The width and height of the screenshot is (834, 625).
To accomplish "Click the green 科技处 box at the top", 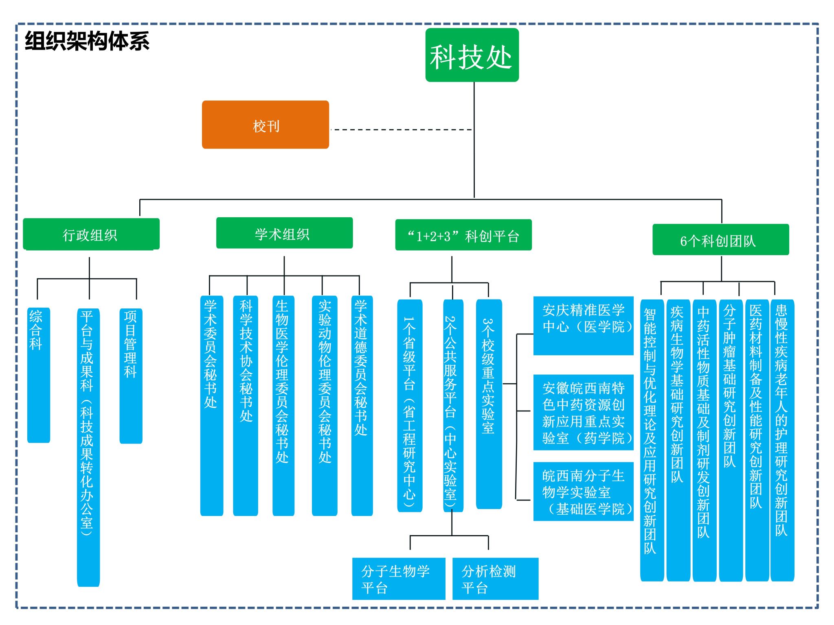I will (472, 55).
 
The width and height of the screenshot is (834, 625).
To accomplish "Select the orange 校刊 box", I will (266, 125).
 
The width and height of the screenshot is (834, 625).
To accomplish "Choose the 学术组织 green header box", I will (284, 233).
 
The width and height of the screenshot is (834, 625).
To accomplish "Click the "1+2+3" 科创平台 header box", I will (463, 235).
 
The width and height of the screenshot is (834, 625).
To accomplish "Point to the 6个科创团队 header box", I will (720, 240).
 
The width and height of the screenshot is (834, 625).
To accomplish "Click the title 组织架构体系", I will (87, 41).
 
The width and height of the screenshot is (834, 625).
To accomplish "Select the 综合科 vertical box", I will (38, 375).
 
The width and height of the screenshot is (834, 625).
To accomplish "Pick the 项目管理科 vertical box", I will (131, 376).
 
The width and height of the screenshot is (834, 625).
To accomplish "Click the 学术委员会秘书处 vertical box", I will (211, 405).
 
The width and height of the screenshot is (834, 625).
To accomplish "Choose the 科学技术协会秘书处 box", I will (246, 405).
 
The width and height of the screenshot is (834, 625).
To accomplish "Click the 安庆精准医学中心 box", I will (583, 326).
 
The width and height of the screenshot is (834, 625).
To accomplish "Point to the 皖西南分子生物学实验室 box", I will (583, 491).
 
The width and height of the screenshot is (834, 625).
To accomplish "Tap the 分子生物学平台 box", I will (398, 578).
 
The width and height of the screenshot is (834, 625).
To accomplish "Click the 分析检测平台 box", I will (495, 578).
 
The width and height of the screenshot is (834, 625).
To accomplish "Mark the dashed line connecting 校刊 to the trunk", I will (401, 130).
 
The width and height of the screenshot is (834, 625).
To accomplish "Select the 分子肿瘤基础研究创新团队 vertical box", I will (730, 440).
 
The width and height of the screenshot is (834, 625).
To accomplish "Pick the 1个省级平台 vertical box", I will (410, 405).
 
